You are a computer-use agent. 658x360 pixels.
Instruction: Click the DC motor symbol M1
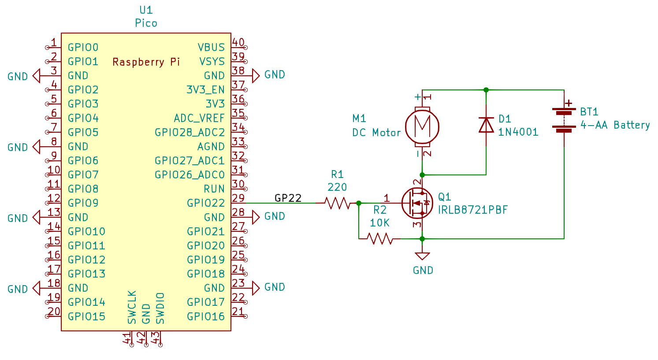pos(422,126)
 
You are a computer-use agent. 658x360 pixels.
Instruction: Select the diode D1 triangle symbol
pos(486,125)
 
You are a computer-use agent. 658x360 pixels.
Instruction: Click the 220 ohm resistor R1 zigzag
pos(337,203)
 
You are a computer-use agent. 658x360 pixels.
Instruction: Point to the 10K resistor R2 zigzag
pos(379,239)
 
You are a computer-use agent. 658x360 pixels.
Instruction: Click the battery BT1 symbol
pos(564,120)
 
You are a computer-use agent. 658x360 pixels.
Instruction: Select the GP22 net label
pos(288,198)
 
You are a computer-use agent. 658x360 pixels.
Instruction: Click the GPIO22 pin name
pos(206,203)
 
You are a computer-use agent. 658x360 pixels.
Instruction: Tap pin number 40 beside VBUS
pos(238,42)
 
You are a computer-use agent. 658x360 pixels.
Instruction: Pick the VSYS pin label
pos(212,62)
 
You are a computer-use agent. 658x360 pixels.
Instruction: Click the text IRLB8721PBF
pos(473,210)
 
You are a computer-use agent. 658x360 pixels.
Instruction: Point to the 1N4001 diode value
pos(518,132)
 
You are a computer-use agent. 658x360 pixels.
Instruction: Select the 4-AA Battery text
pos(615,125)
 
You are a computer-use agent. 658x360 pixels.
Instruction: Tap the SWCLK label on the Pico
pos(132,307)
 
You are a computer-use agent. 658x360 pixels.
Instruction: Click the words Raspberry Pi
pos(146,62)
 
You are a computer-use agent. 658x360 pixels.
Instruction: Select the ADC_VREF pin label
pos(199,118)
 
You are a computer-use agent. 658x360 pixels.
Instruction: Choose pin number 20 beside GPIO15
pos(54,312)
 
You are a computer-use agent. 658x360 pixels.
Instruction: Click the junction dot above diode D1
pos(486,90)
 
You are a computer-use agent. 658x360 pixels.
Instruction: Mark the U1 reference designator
pos(146,10)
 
